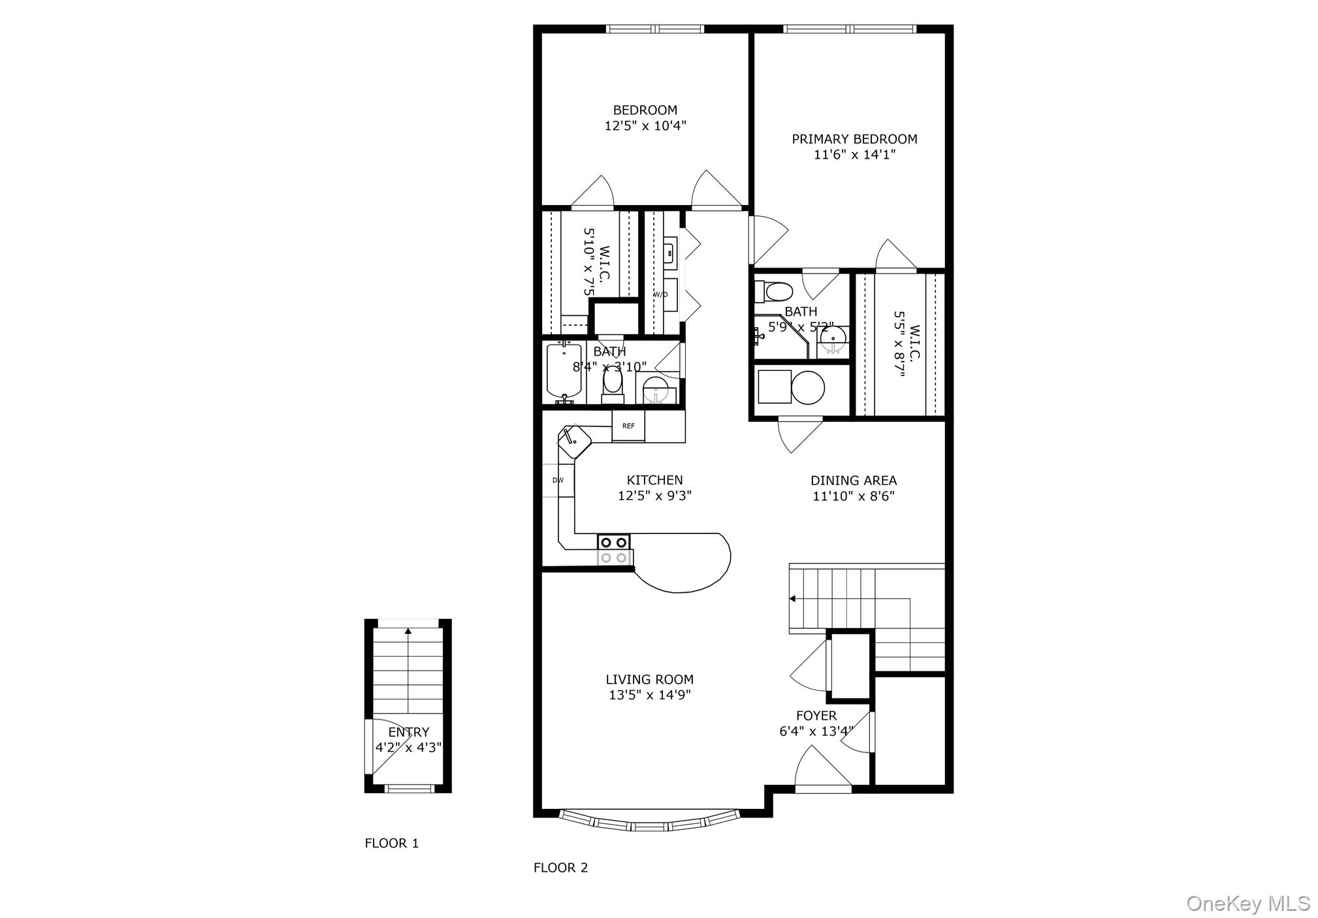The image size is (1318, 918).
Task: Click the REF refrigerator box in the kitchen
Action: coord(628,426)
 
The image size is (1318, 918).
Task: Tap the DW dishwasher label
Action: coord(558,481)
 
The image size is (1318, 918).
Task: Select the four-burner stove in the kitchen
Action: coord(614,549)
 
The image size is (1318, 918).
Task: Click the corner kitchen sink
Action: coord(573,441)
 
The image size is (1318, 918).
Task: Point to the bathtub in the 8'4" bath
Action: coord(564,372)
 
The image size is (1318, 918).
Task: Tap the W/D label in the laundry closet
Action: coord(661,294)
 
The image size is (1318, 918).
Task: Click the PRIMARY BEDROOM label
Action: coord(854,139)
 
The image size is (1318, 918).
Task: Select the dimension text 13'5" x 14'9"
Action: coord(649,695)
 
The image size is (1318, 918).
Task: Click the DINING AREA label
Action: coord(853,481)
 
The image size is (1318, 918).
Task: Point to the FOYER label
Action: coord(816,716)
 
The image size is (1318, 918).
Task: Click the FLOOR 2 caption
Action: coord(560,868)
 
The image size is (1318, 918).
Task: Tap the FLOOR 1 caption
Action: coord(391,844)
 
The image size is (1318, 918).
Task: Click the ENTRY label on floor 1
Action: coord(409,733)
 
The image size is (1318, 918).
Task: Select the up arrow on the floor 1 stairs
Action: coord(408,631)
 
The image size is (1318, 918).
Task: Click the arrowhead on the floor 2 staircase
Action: coord(792,598)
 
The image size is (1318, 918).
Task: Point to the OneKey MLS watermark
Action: coord(1247,904)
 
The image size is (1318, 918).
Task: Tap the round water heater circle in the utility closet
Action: coord(808,388)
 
